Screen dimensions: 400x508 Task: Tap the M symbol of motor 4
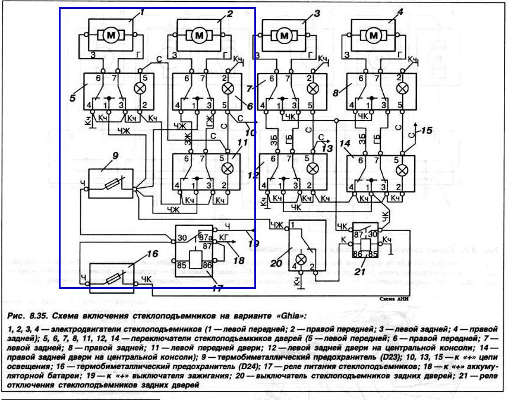pyautogui.click(x=375, y=36)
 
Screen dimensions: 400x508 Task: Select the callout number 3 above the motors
pyautogui.click(x=317, y=13)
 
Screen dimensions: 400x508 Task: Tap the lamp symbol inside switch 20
pyautogui.click(x=301, y=260)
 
